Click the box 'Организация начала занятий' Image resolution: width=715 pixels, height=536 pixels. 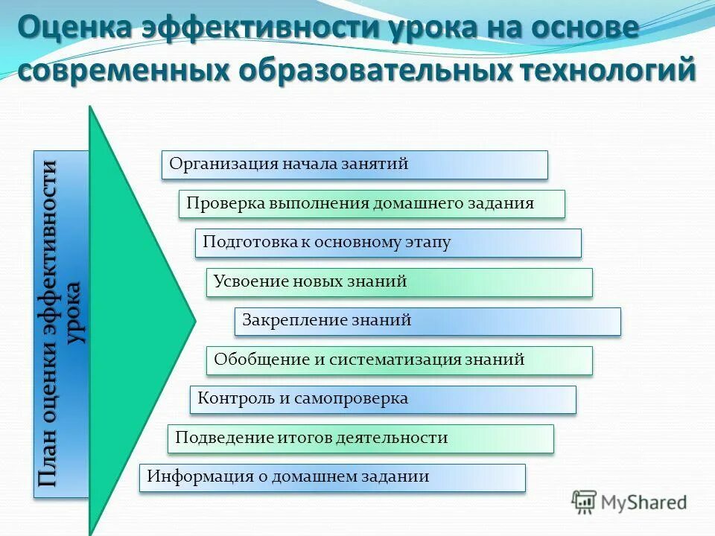pos(355,165)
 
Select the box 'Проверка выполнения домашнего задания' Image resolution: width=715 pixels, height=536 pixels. pos(372,204)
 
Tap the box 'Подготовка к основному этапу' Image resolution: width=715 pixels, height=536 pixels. pos(388,243)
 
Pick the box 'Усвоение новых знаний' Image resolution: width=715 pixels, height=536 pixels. pos(399,283)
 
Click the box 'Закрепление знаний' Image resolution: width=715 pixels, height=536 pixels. pos(428,322)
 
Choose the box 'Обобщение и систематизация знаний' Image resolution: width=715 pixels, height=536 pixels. pos(399,360)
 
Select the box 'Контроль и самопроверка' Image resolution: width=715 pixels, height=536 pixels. pos(383,400)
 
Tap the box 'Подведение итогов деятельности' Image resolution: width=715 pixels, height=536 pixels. pos(360,438)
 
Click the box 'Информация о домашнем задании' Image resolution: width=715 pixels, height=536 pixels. pos(332,478)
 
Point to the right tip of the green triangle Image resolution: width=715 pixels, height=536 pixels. pos(194,321)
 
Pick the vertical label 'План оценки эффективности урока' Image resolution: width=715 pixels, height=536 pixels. pos(61,324)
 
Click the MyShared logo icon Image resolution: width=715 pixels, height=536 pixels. pos(584,502)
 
